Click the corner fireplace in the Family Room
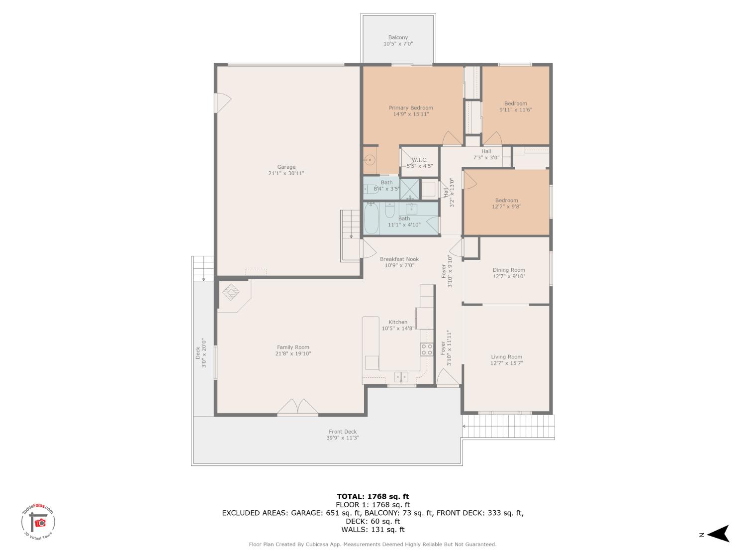231,292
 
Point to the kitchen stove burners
427,349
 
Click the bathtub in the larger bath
371,219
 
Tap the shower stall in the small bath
410,189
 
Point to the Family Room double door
297,407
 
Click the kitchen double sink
401,376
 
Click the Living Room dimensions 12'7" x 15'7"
506,363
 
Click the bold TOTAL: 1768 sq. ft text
373,496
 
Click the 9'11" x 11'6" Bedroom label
515,110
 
